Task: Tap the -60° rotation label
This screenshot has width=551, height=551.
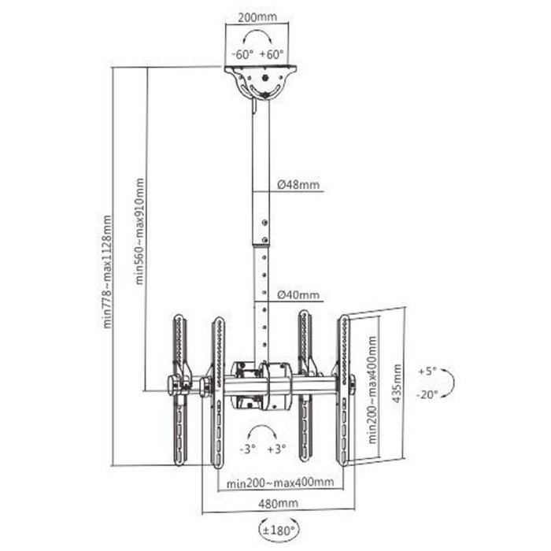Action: point(242,54)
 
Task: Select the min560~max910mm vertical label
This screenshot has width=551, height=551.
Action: point(139,230)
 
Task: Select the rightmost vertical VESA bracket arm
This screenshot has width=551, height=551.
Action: point(344,390)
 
